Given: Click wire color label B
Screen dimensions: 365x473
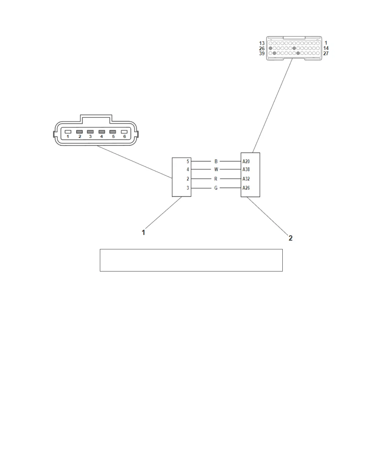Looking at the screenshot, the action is coord(216,162).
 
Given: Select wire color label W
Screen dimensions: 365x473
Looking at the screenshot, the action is coord(216,170).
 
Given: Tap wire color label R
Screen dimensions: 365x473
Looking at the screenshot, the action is coord(216,179).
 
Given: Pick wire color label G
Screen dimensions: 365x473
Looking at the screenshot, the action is coord(216,188).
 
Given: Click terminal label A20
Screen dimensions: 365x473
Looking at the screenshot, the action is coord(246,162).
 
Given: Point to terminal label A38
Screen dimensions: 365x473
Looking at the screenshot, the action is coord(246,170).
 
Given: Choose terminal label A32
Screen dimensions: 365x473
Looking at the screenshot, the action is coord(246,179).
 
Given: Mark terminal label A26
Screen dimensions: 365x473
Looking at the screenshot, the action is coord(246,188).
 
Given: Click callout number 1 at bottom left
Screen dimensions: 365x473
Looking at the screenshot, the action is coord(143,232).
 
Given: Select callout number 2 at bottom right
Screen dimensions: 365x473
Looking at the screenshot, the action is coord(290,238).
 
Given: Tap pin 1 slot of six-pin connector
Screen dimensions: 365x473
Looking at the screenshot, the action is coord(68,132).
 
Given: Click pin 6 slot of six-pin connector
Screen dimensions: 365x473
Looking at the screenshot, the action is coord(124,132).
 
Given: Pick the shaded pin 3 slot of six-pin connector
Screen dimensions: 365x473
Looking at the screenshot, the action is coord(90,132).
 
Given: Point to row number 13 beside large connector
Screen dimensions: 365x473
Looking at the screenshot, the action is coord(262,43).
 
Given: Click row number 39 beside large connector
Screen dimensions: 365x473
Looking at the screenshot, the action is coord(262,53).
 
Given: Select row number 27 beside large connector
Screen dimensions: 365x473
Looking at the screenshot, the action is coord(326,53).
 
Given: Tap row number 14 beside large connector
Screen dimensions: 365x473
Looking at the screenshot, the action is coord(326,48).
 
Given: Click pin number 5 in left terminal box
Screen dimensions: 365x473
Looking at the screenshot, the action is coord(188,162).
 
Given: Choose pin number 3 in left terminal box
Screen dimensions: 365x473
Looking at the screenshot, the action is coord(188,188).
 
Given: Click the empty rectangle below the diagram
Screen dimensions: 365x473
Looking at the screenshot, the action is coord(191,260).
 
